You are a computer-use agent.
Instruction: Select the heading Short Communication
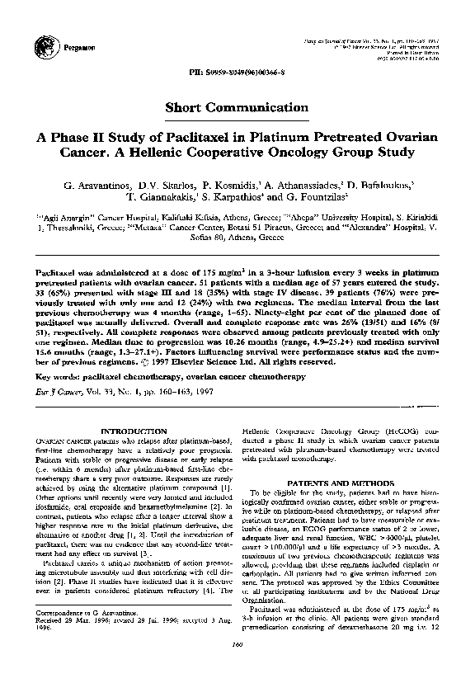tap(237, 107)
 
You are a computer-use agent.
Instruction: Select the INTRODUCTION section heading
tap(133, 431)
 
